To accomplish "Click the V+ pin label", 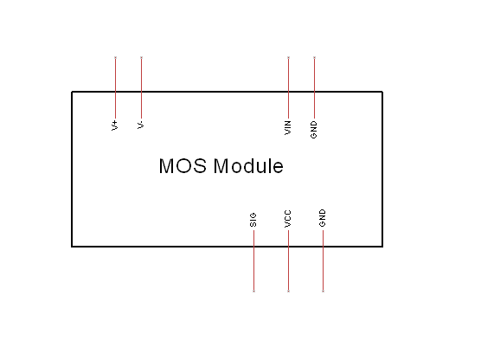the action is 115,125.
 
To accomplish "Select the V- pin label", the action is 140,125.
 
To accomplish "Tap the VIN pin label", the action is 288,128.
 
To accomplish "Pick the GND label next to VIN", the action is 313,130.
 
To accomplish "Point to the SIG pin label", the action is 253,220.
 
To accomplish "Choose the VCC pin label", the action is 288,219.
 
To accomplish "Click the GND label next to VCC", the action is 322,218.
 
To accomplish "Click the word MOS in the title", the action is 183,166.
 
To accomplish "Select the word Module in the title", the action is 248,166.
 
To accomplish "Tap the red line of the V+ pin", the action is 115,88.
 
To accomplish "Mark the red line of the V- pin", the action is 141,88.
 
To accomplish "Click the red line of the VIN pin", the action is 288,88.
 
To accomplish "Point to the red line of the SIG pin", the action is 253,260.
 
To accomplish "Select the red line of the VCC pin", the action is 288,260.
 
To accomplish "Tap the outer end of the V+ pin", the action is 115,57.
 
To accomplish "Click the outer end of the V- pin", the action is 141,57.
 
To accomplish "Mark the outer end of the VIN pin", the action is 288,57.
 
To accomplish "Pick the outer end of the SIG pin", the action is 253,291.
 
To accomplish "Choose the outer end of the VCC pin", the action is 288,291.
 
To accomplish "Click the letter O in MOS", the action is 183,166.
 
